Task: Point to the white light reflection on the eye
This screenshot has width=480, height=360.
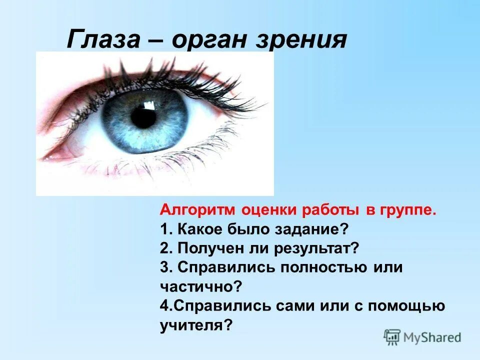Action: (148, 105)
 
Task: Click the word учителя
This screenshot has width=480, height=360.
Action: (196, 324)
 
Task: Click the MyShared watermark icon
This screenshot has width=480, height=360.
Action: (392, 337)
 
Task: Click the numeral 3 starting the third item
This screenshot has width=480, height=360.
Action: (164, 267)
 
